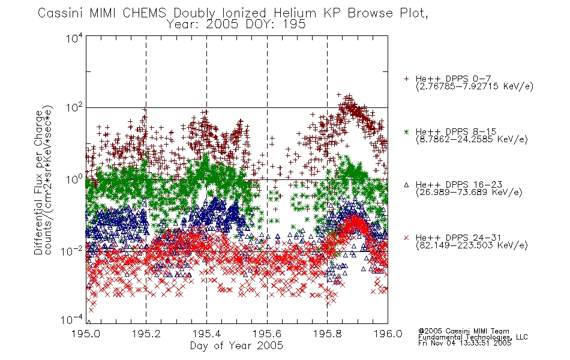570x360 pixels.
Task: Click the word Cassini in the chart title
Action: tap(61, 13)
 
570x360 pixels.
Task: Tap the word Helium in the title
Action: tap(295, 13)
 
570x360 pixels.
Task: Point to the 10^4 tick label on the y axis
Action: tap(74, 37)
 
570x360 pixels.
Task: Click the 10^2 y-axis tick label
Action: tap(74, 108)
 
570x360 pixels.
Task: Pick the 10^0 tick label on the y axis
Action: tap(74, 179)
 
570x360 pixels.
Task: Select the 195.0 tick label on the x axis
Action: tap(86, 334)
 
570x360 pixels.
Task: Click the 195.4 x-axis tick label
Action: tap(206, 334)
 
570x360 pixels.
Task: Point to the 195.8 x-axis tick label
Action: tap(327, 334)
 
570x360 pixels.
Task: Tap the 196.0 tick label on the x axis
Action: tap(388, 334)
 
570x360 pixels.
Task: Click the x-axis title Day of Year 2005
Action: tap(236, 346)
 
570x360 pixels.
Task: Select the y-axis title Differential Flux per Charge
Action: tap(38, 182)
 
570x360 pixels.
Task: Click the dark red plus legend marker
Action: tap(406, 79)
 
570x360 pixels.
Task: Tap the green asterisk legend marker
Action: tap(406, 131)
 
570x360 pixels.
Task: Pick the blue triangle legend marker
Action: tap(406, 185)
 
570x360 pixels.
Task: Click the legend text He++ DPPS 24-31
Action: tap(458, 238)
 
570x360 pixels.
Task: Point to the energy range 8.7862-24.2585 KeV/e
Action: tap(472, 139)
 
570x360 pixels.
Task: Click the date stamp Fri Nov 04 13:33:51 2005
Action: tap(464, 343)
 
